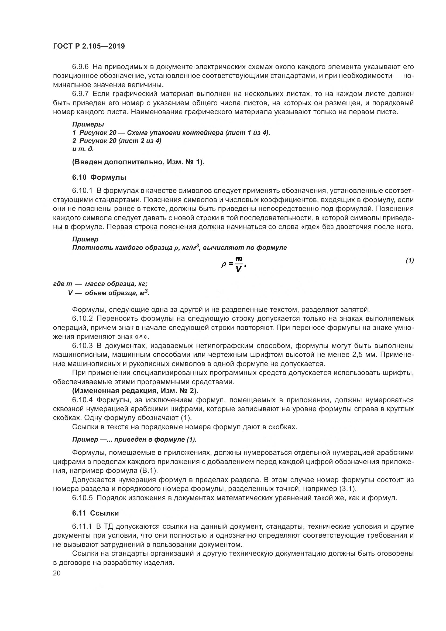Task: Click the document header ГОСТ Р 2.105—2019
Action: coord(89,46)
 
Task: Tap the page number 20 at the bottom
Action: coord(57,573)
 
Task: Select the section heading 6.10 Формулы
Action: coord(99,177)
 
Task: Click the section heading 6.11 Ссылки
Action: coord(95,513)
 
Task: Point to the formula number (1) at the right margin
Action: coord(410,260)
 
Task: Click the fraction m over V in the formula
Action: coord(239,264)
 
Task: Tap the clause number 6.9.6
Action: coord(80,67)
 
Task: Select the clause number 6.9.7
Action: coord(80,94)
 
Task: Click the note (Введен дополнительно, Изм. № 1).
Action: coord(138,162)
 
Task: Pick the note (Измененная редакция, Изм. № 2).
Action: coord(135,391)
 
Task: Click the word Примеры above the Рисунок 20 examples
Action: coord(88,124)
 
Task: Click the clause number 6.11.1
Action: coord(82,527)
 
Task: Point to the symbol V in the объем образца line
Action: coord(70,293)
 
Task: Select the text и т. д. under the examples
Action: coord(83,149)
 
